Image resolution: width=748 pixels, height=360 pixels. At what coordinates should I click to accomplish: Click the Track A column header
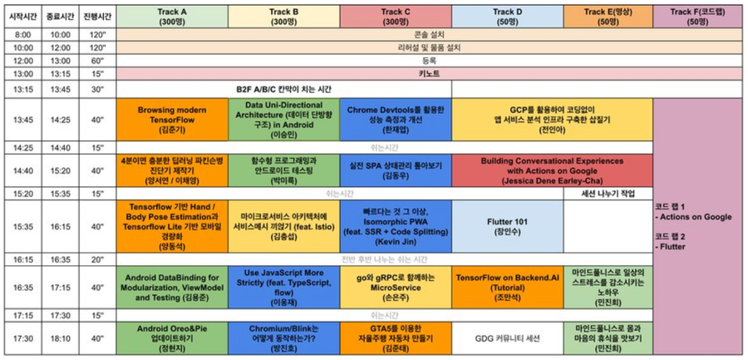coord(172,15)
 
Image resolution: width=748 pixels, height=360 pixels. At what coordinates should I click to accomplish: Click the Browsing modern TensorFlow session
coord(172,120)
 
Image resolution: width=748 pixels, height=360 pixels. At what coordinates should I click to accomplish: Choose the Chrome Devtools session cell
coord(395,120)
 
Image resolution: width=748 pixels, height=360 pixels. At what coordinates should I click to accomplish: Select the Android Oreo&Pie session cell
coord(172,339)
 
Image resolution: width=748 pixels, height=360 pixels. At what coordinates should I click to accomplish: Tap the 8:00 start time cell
coord(23,34)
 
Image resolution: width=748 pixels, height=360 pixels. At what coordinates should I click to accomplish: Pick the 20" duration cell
coord(98,259)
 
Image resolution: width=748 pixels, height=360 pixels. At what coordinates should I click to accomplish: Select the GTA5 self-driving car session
coord(395,339)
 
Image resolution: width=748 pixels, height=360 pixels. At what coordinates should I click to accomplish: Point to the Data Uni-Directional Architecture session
coord(283,120)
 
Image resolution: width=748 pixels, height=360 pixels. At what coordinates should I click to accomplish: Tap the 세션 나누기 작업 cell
coord(608,193)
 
